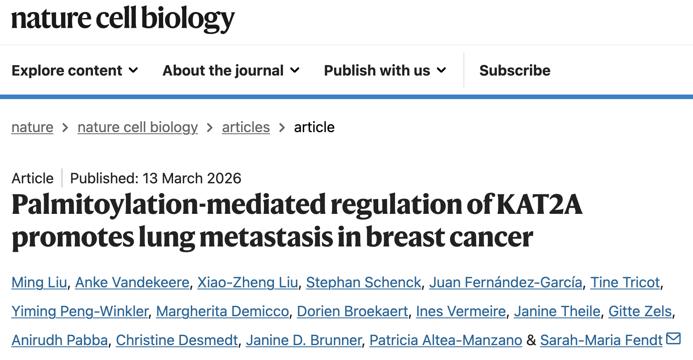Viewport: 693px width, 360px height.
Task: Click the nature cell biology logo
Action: click(123, 19)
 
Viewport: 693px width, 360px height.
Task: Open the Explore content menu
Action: click(74, 71)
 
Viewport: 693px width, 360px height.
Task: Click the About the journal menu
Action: click(230, 71)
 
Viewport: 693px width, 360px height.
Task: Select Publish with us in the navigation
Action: click(384, 71)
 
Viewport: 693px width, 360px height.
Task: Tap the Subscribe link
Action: click(515, 71)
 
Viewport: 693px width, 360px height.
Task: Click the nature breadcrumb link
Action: click(32, 127)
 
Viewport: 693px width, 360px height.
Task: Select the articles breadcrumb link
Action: click(246, 127)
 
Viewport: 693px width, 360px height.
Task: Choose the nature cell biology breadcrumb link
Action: click(138, 127)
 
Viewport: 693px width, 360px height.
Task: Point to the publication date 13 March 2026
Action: click(192, 178)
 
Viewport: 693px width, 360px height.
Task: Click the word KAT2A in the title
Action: click(539, 205)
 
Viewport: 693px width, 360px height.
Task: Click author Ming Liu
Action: click(39, 282)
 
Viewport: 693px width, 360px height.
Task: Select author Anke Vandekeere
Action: click(132, 282)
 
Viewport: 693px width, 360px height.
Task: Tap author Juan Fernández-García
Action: click(506, 282)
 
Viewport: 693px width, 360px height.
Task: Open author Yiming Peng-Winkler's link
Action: click(80, 311)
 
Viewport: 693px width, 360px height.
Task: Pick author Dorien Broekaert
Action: click(352, 311)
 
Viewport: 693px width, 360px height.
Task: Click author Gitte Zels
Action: click(640, 311)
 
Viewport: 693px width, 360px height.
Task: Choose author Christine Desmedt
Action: click(177, 340)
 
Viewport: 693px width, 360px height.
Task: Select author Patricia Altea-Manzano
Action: click(446, 340)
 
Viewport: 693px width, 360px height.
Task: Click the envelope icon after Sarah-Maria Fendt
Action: click(673, 339)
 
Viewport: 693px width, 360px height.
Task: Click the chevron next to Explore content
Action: click(133, 71)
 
